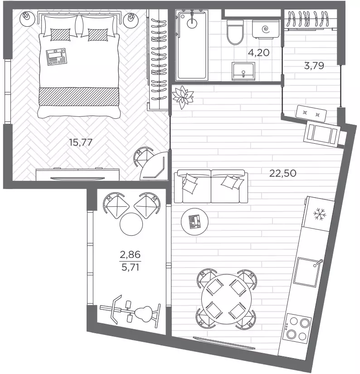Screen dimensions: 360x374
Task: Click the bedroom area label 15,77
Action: [x=80, y=142]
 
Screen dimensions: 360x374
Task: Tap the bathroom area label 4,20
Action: [x=258, y=53]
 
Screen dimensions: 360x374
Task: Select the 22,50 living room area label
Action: [x=283, y=173]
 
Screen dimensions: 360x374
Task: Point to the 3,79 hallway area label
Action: [x=314, y=65]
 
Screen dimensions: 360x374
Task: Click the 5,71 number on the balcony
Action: [x=130, y=267]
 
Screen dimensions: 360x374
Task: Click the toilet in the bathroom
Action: [x=235, y=32]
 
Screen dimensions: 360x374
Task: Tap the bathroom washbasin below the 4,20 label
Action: [x=243, y=71]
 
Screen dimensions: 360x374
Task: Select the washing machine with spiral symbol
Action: [x=266, y=29]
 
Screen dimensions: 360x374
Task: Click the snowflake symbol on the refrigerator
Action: [x=320, y=214]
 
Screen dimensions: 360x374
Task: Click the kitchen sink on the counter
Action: [x=307, y=272]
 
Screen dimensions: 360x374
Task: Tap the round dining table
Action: [x=226, y=299]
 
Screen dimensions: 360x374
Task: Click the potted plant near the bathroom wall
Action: [x=183, y=97]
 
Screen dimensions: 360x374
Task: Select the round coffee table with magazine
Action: [x=195, y=222]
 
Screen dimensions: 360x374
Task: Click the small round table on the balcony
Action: [x=131, y=224]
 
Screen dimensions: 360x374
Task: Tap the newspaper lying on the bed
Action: [x=57, y=57]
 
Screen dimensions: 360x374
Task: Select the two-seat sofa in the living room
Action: [x=211, y=186]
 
